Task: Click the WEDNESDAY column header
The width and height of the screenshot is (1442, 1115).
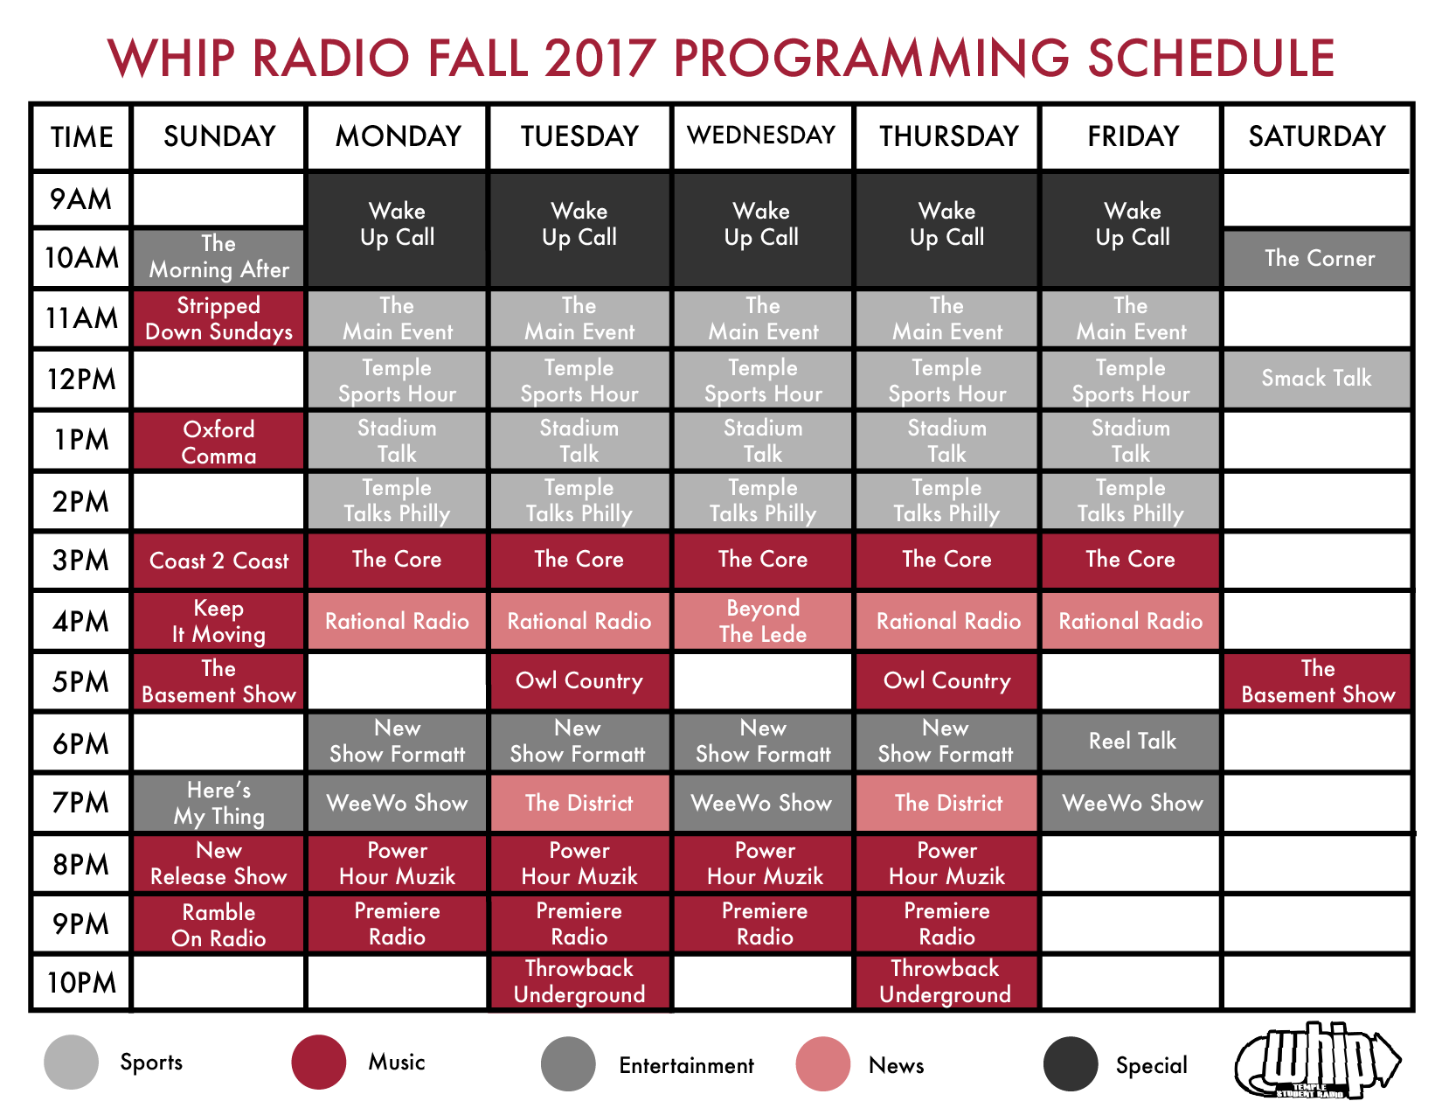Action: tap(761, 136)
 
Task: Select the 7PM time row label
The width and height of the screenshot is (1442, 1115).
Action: tap(80, 803)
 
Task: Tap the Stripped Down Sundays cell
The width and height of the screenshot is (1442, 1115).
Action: tap(218, 319)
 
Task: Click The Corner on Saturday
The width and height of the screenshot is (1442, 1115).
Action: tap(1317, 258)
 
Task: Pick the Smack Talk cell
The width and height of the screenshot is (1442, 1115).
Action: tap(1317, 379)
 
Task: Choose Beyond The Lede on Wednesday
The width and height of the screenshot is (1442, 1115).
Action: tap(762, 621)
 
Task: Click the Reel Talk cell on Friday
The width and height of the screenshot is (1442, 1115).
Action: tap(1131, 741)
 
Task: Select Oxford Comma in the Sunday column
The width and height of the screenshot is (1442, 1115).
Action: tap(218, 442)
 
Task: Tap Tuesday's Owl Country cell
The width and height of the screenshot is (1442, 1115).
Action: tap(579, 681)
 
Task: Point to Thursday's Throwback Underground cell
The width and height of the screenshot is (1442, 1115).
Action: tap(946, 981)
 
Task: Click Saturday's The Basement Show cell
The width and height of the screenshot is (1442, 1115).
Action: tap(1317, 681)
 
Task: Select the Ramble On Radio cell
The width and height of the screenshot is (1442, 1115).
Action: tap(218, 924)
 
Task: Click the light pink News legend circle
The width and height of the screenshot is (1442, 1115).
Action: tap(823, 1064)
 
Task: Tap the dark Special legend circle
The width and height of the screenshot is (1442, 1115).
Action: tap(1071, 1064)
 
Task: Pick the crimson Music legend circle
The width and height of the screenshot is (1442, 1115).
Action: tap(318, 1062)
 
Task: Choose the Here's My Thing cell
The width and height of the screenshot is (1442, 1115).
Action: tap(218, 803)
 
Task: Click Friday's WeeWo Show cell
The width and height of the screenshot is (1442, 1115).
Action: tap(1131, 803)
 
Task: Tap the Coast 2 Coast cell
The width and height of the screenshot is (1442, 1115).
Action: tap(218, 561)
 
